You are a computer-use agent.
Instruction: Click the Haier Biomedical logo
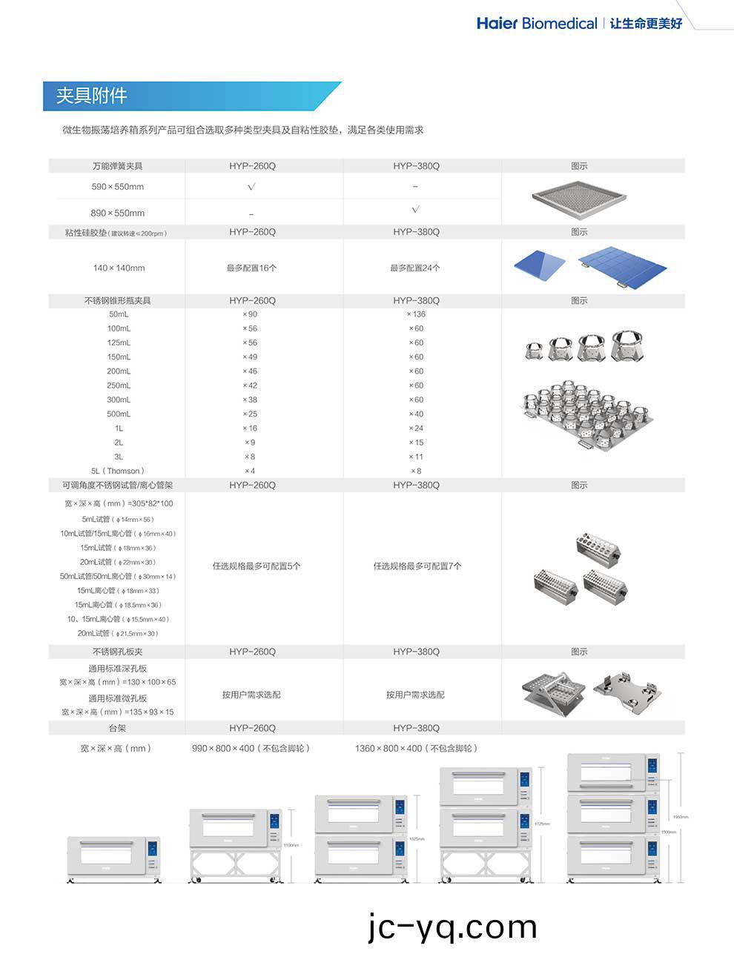click(537, 24)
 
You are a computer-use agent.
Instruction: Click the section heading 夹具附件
click(92, 96)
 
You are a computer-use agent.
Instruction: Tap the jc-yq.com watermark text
click(452, 927)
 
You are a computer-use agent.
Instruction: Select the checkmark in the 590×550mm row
click(251, 187)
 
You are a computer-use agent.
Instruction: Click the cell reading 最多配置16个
click(252, 268)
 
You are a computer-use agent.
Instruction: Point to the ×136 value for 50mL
click(416, 314)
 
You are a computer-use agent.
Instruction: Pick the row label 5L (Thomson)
click(118, 471)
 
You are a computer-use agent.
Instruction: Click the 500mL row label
click(119, 414)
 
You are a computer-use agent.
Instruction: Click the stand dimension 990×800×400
click(251, 749)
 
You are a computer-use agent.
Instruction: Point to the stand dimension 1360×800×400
click(416, 749)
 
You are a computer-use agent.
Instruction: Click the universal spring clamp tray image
click(579, 198)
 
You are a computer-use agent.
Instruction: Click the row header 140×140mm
click(119, 268)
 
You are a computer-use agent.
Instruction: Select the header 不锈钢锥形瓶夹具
click(118, 301)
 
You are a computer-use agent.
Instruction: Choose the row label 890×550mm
click(118, 213)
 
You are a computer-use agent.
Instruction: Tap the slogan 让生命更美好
click(646, 24)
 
